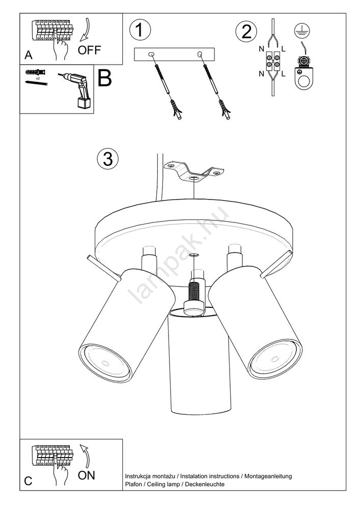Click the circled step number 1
[x=140, y=30]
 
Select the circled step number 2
[x=246, y=32]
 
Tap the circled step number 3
[x=108, y=159]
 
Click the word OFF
[x=89, y=50]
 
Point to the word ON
[x=87, y=475]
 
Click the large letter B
[x=104, y=78]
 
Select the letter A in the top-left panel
[x=29, y=55]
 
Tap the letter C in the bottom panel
[x=28, y=481]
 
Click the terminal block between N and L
[x=273, y=62]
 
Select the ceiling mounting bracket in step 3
[x=194, y=172]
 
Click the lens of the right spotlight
[x=274, y=359]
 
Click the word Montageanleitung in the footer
[x=268, y=476]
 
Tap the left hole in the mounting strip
[x=151, y=54]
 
